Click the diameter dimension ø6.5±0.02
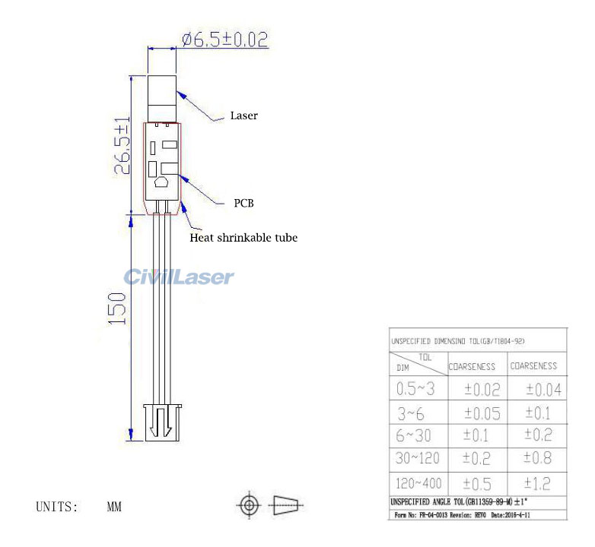tap(224, 40)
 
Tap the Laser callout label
tap(243, 116)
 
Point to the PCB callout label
tap(243, 204)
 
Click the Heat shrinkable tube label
tap(243, 238)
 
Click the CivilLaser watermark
tap(179, 277)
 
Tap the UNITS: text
tap(57, 506)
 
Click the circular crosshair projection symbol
tap(250, 504)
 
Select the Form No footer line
tap(461, 515)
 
